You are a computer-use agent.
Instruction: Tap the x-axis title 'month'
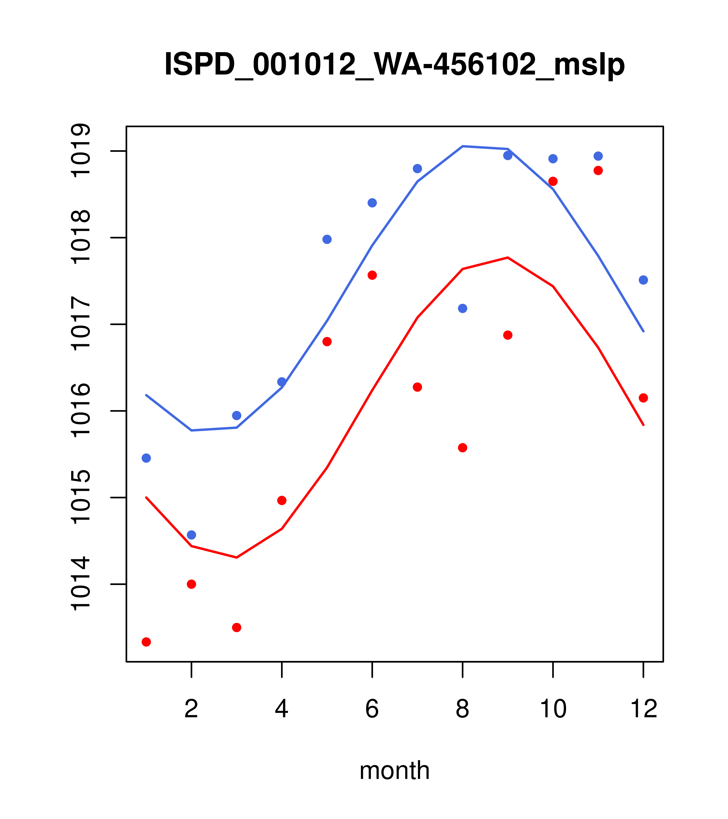pos(394,770)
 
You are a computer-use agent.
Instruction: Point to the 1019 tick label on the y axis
pos(80,151)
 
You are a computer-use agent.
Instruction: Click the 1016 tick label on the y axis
pos(80,411)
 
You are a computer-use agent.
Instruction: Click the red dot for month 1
pos(146,642)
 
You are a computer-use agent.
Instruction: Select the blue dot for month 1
pos(146,458)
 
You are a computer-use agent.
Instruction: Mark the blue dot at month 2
pos(192,535)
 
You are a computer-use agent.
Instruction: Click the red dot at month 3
pos(237,627)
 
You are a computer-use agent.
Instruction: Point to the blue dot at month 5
pos(327,239)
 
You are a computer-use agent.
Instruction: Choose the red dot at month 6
pos(372,275)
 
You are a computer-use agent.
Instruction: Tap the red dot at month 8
pos(462,448)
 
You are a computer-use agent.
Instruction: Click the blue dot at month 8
pos(462,308)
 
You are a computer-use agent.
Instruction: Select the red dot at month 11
pos(598,171)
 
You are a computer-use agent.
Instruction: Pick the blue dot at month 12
pos(643,280)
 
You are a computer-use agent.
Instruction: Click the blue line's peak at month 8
pos(462,146)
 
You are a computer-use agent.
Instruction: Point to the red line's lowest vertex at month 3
pos(237,557)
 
